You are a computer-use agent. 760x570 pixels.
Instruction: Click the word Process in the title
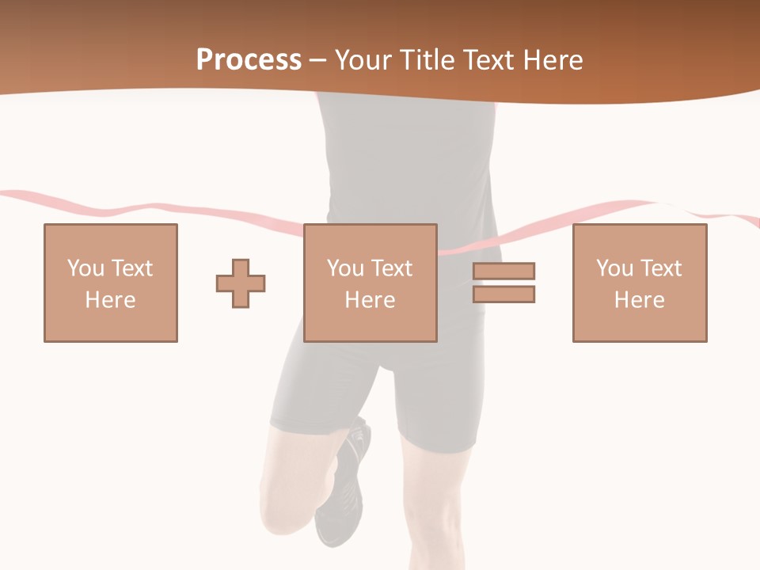tap(249, 60)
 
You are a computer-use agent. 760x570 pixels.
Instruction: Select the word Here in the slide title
tap(551, 60)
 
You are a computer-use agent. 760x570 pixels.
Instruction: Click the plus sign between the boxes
tap(241, 283)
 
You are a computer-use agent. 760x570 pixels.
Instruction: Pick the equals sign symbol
tap(504, 283)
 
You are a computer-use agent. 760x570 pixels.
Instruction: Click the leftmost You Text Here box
tap(111, 283)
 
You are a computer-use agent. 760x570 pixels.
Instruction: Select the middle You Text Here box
tap(370, 283)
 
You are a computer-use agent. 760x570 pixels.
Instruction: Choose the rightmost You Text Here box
tap(640, 283)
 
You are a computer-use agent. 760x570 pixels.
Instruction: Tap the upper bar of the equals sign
tap(504, 272)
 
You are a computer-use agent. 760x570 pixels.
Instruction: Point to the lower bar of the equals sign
tap(504, 294)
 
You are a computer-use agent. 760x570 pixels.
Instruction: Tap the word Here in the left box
tap(111, 300)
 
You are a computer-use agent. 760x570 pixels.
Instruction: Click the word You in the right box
tap(614, 268)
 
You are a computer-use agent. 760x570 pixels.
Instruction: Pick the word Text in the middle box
tap(391, 268)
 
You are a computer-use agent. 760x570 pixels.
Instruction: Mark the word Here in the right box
tap(640, 300)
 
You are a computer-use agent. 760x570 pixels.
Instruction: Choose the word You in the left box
tap(85, 268)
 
